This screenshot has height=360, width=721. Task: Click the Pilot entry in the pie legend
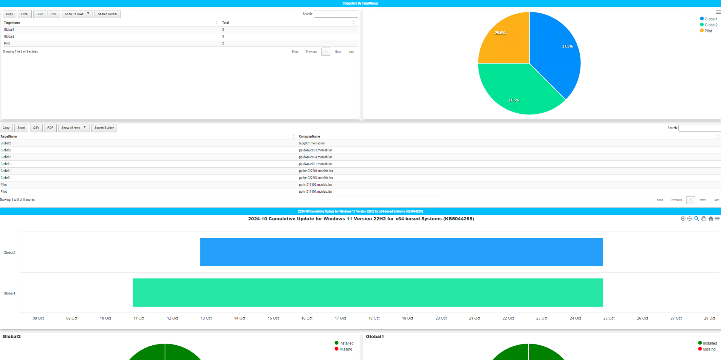[708, 31]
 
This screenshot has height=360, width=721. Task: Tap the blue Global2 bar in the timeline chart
[401, 252]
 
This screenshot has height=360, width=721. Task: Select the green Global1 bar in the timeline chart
[368, 293]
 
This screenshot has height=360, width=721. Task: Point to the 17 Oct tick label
[340, 318]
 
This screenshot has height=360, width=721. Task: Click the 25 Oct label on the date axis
[609, 318]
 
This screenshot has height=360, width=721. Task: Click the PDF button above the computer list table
[50, 128]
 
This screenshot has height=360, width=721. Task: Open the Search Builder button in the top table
[107, 14]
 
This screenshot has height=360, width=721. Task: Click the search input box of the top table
[336, 14]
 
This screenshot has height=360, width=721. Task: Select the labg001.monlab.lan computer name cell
[312, 143]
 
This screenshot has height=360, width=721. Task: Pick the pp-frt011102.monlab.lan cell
[315, 185]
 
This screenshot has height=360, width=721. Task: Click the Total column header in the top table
[225, 23]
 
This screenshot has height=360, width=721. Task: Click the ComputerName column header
[309, 137]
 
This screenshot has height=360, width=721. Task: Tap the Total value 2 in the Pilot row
[223, 43]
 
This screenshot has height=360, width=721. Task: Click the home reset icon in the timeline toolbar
[710, 219]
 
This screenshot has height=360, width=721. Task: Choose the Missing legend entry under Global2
[345, 349]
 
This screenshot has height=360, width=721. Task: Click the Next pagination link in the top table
[337, 52]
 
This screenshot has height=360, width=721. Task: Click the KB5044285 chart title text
[361, 219]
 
